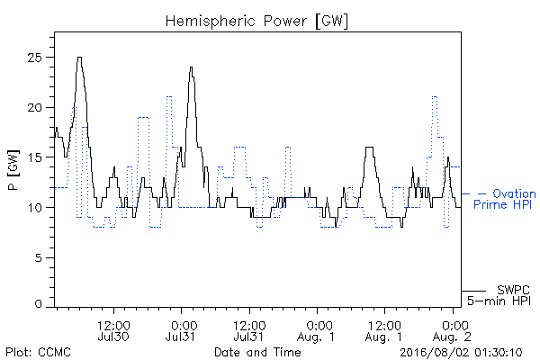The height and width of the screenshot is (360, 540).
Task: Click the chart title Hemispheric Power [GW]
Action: pyautogui.click(x=256, y=21)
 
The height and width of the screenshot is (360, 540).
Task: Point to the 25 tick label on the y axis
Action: pyautogui.click(x=34, y=58)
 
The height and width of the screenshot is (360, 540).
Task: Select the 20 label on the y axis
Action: pyautogui.click(x=34, y=107)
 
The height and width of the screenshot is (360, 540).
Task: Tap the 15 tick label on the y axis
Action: pyautogui.click(x=35, y=157)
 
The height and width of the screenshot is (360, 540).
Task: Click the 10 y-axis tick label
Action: pyautogui.click(x=35, y=208)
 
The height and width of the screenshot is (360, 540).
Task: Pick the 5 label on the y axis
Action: pyautogui.click(x=38, y=257)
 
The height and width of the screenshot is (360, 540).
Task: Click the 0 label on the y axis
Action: pyautogui.click(x=38, y=303)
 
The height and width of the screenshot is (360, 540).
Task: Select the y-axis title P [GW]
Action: pyautogui.click(x=13, y=170)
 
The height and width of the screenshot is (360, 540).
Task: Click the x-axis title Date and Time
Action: pyautogui.click(x=257, y=352)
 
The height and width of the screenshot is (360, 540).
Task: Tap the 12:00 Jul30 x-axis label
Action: pyautogui.click(x=113, y=331)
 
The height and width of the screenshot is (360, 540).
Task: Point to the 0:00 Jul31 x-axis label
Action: pyautogui.click(x=181, y=331)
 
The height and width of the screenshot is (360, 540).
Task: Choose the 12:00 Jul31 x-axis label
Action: pyautogui.click(x=249, y=331)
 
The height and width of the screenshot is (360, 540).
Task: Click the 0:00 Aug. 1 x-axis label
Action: pyautogui.click(x=316, y=331)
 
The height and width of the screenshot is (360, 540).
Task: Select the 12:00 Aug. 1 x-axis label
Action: pyautogui.click(x=383, y=331)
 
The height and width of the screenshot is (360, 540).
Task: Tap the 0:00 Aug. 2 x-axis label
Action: pyautogui.click(x=452, y=331)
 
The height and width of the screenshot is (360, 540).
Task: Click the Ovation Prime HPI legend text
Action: pyautogui.click(x=505, y=199)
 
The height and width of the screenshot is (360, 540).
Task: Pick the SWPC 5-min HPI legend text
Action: pyautogui.click(x=499, y=295)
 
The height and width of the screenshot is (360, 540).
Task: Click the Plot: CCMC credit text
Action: pyautogui.click(x=38, y=352)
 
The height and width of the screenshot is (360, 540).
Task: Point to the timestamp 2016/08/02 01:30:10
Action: pyautogui.click(x=461, y=353)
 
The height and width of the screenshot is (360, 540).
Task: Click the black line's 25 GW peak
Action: pyautogui.click(x=79, y=58)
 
